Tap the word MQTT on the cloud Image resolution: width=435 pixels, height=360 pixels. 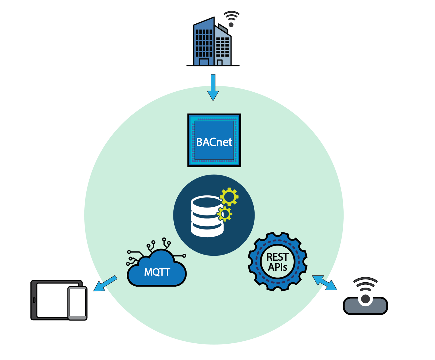click(x=157, y=272)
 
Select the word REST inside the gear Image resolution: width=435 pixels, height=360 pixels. click(x=277, y=257)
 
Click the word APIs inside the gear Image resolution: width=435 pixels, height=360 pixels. click(x=277, y=267)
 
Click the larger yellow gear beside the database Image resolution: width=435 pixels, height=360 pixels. click(x=229, y=197)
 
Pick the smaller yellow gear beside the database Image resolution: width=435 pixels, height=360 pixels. click(x=225, y=214)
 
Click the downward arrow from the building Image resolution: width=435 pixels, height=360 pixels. click(x=213, y=88)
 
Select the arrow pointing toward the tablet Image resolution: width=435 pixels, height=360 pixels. click(x=105, y=283)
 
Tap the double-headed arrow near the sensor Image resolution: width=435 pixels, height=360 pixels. click(x=324, y=282)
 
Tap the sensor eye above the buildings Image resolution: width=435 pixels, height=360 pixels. click(x=231, y=25)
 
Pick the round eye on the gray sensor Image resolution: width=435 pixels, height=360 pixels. click(x=366, y=299)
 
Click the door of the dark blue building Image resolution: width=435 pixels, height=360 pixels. click(x=204, y=62)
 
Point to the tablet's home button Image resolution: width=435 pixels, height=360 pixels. click(x=34, y=300)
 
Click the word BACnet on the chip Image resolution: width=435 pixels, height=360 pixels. click(x=214, y=142)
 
